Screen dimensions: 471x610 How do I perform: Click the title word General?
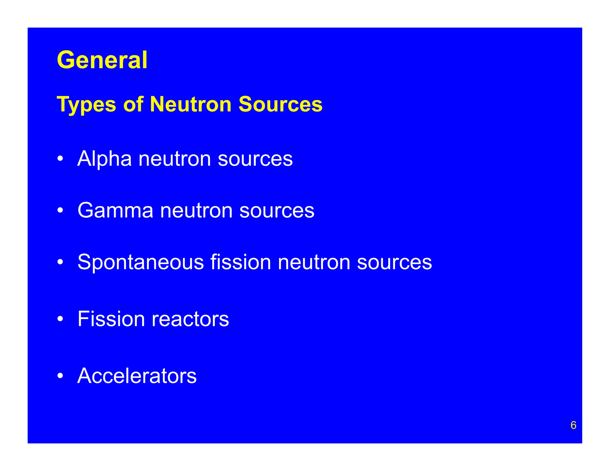(102, 60)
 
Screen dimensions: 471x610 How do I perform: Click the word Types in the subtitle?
(86, 105)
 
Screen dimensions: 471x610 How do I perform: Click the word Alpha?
(104, 159)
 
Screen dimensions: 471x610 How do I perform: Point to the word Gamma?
(115, 210)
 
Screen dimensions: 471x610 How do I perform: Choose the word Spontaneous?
(141, 262)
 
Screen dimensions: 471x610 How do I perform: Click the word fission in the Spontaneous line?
(241, 262)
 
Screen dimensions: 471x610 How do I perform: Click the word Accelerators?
(137, 376)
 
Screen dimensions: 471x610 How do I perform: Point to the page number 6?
(573, 425)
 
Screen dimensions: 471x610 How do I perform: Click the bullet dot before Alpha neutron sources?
(60, 159)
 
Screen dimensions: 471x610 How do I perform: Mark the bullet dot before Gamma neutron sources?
(60, 210)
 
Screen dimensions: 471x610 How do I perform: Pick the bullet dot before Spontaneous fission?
(60, 262)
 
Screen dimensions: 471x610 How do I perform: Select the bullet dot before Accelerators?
(60, 376)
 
